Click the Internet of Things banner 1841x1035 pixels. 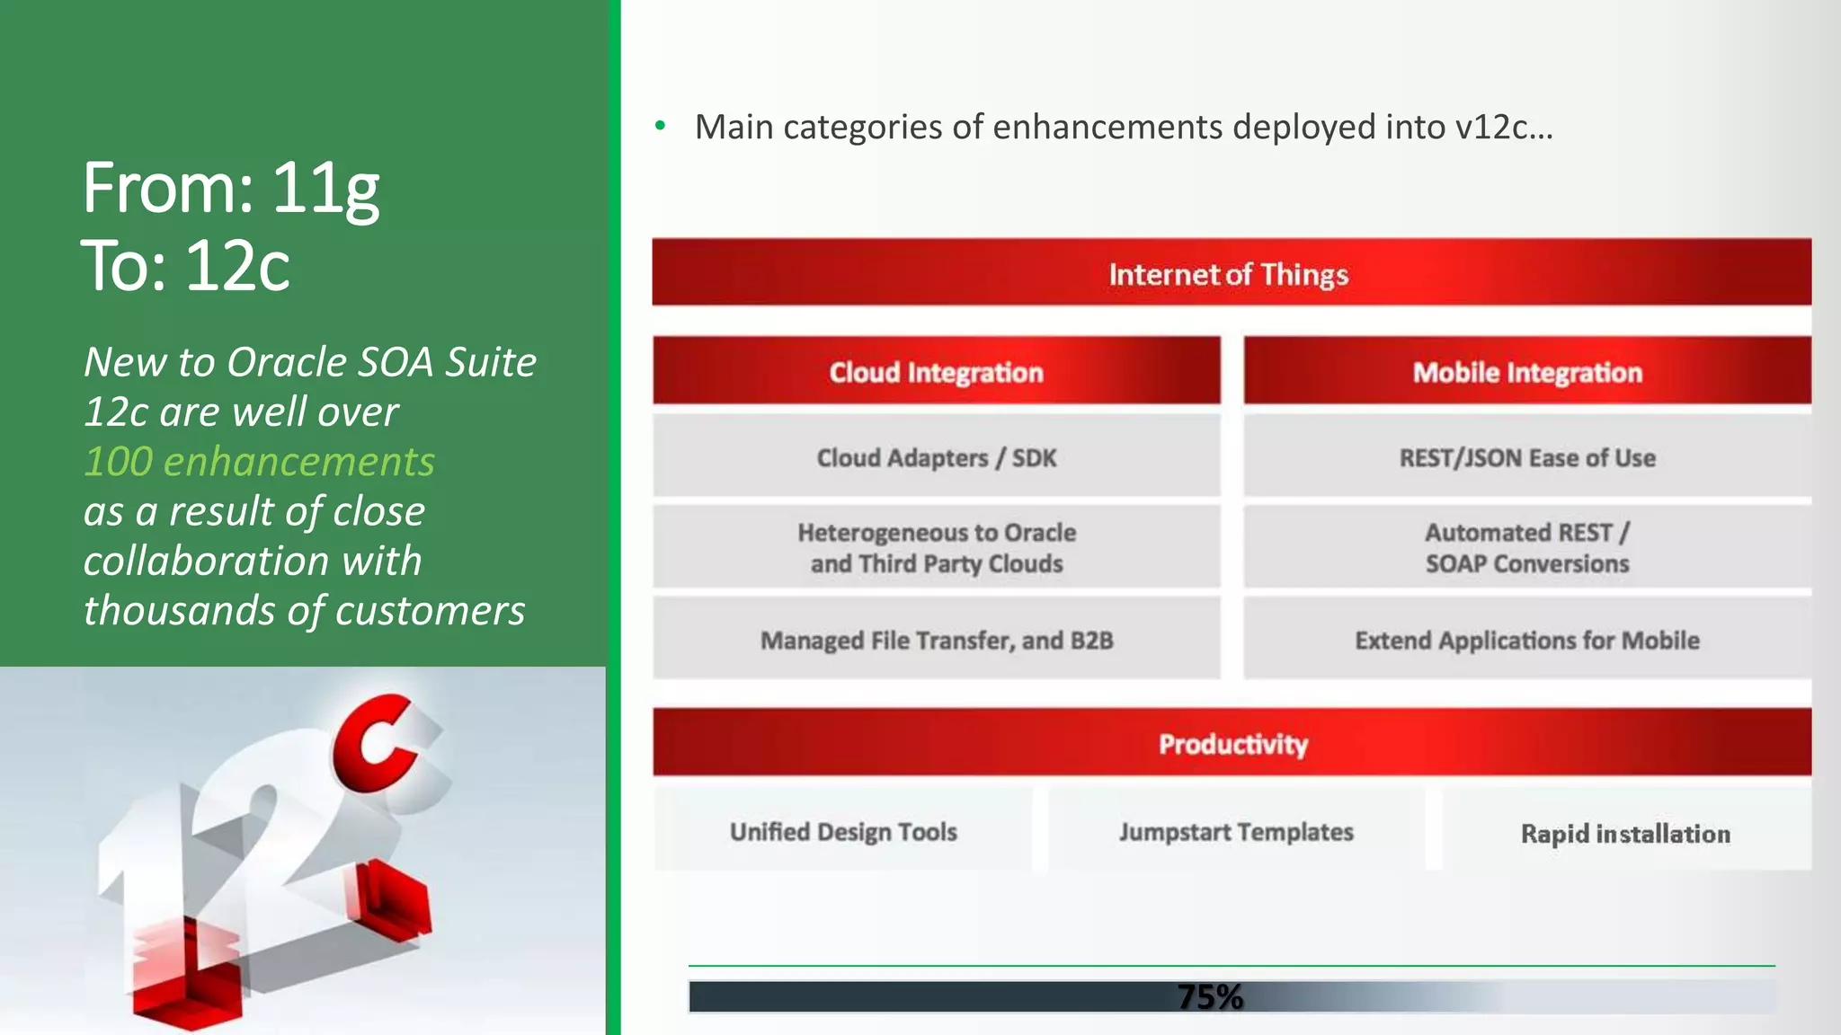1230,273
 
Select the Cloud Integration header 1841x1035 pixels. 936,372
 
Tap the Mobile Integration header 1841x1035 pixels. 1526,372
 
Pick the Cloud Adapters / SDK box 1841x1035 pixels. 936,458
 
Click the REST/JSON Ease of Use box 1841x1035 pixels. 1526,458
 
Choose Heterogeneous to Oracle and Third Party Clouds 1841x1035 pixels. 936,548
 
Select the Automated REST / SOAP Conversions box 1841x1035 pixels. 1526,548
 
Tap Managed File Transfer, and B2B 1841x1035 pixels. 936,641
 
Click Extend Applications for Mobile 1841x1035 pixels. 1526,641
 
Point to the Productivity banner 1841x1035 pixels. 1232,744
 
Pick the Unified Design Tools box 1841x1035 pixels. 843,832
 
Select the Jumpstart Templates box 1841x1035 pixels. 1236,832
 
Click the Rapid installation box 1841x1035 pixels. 1625,834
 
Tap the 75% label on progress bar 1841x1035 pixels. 1210,996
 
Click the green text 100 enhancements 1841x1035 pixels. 259,462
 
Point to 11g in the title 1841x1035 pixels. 325,189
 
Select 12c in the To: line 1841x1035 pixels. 237,266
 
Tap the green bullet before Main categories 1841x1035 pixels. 661,126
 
